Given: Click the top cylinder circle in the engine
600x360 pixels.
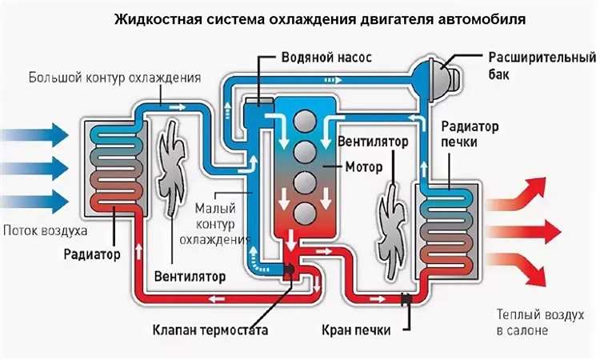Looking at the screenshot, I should click(305, 121).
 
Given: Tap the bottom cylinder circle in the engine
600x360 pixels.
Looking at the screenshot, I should click(305, 213).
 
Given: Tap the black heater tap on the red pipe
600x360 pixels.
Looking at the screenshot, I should click(406, 301).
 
